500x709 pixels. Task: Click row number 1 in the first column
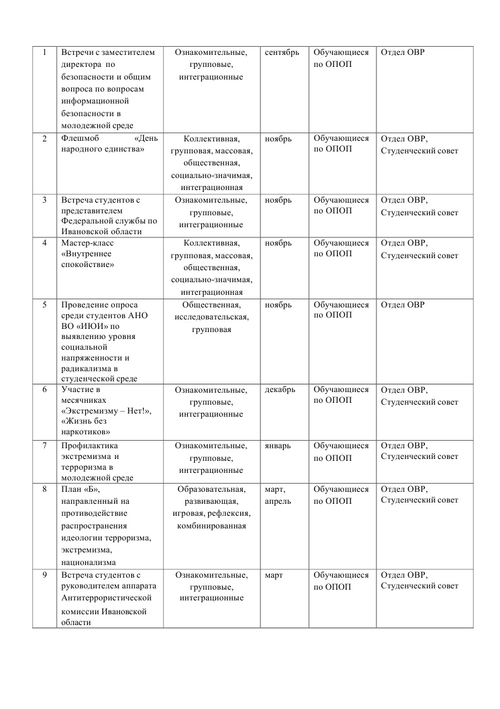[x=45, y=52]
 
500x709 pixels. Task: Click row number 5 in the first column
[x=45, y=305]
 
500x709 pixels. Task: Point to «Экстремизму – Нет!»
[x=107, y=410]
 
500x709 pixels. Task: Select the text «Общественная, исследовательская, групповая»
[x=211, y=317]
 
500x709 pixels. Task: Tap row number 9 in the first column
[x=45, y=575]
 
